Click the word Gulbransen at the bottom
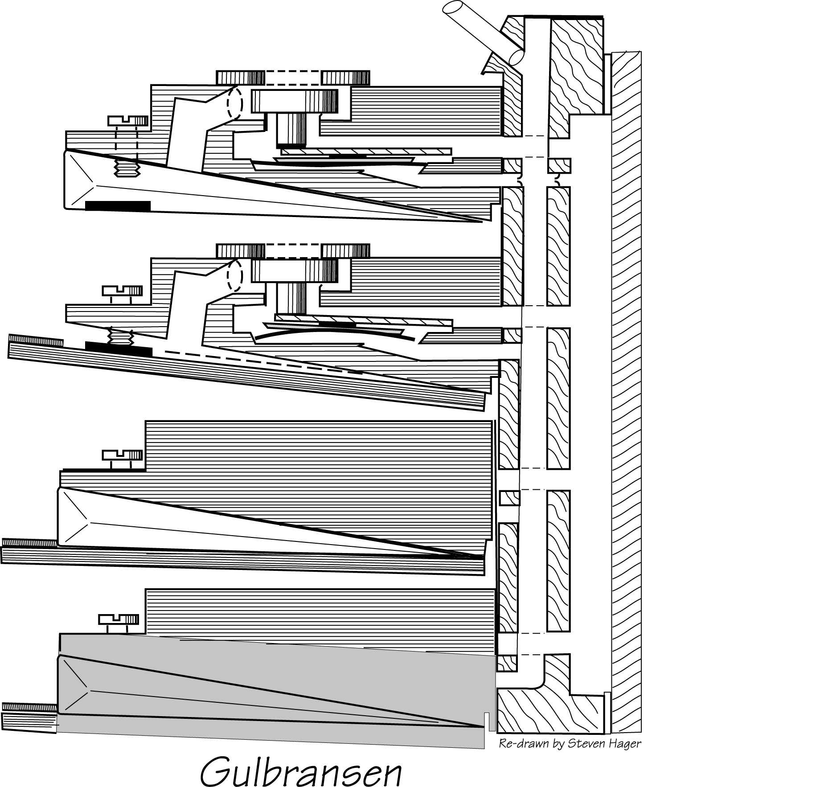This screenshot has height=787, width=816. pyautogui.click(x=301, y=770)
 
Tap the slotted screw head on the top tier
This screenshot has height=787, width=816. pyautogui.click(x=128, y=120)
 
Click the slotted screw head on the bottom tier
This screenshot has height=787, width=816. pyautogui.click(x=119, y=619)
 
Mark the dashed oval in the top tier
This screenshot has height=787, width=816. pyautogui.click(x=234, y=103)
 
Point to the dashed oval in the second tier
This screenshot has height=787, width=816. pyautogui.click(x=234, y=275)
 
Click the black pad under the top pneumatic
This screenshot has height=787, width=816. pyautogui.click(x=118, y=205)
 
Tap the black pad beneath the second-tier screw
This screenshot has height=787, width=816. pyautogui.click(x=119, y=349)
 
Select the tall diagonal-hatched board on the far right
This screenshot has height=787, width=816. pyautogui.click(x=626, y=392)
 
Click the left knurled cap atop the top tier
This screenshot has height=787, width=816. pyautogui.click(x=241, y=78)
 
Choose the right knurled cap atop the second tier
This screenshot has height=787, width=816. pyautogui.click(x=345, y=251)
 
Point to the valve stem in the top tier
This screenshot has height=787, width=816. pyautogui.click(x=291, y=130)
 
